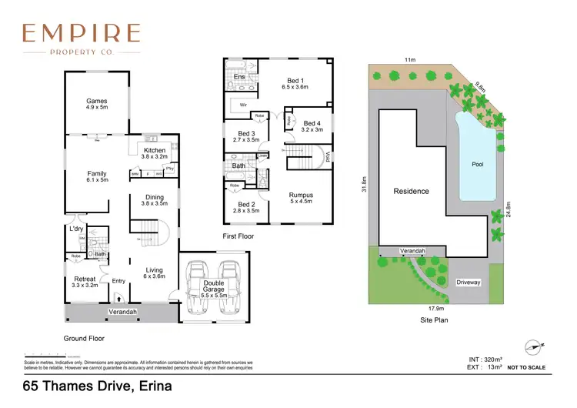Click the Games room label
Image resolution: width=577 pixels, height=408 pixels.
(x=96, y=101)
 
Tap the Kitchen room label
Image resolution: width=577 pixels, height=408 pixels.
(x=155, y=149)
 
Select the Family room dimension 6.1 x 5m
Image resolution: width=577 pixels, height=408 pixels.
(x=96, y=180)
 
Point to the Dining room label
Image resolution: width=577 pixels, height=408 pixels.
(x=155, y=197)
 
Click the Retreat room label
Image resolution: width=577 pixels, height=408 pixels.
(x=85, y=279)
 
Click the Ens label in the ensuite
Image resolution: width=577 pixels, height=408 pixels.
(x=239, y=77)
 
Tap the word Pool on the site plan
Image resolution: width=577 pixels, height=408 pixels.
(x=477, y=165)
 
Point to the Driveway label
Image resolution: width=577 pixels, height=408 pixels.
(x=468, y=283)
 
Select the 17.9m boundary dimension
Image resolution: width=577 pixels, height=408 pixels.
(x=439, y=309)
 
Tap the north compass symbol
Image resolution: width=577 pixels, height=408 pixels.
(x=532, y=347)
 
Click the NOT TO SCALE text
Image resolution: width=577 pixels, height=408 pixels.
(x=526, y=367)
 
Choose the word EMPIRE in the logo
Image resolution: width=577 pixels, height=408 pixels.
(x=81, y=33)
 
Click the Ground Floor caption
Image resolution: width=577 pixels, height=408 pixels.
(x=85, y=338)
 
